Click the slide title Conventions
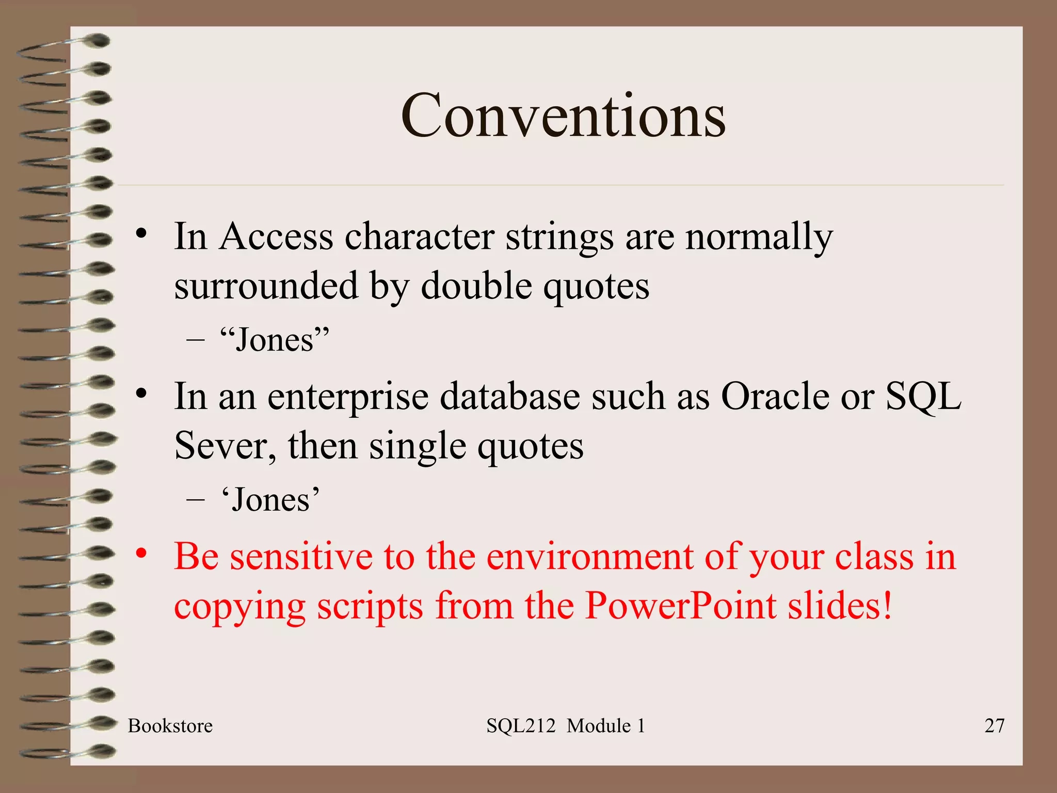point(563,116)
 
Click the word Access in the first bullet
point(276,236)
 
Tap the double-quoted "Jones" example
point(274,340)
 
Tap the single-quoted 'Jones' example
point(270,500)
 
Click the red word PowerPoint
point(681,605)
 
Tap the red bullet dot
point(141,553)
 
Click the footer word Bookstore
point(170,726)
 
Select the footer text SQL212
point(520,726)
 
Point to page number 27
point(994,726)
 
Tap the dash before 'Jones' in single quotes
point(195,500)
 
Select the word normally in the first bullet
point(759,236)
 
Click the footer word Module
point(599,726)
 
